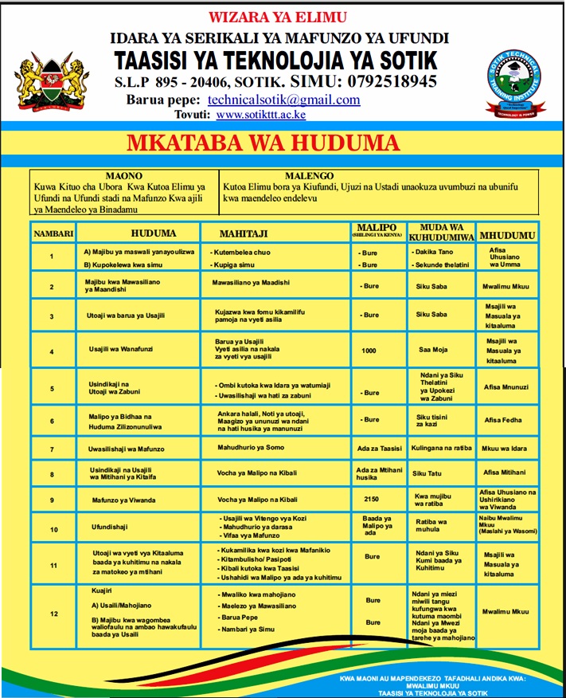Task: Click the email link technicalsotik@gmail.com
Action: (x=283, y=100)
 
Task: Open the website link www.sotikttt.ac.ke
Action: (x=260, y=115)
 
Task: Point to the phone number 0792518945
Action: (x=385, y=81)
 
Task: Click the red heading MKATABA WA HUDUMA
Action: (x=262, y=143)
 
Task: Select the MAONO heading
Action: (x=123, y=175)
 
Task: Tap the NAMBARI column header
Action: (x=53, y=234)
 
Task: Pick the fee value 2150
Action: (x=369, y=500)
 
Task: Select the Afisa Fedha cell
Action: (x=503, y=420)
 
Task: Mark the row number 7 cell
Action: (x=52, y=449)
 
